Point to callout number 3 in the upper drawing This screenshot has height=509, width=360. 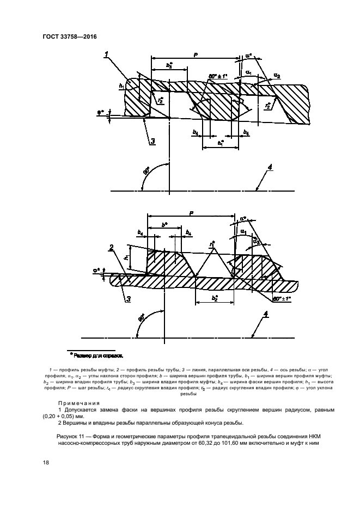click(x=153, y=141)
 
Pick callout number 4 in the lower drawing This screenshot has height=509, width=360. click(x=266, y=314)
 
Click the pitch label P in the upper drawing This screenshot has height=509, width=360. click(x=194, y=54)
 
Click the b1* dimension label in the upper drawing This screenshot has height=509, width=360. click(x=221, y=143)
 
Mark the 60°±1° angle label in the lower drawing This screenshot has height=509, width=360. click(x=282, y=299)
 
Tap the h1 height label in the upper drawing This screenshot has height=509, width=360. click(x=121, y=85)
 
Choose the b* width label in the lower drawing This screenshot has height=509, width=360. click(x=164, y=224)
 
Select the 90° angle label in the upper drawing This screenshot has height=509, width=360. click(x=147, y=173)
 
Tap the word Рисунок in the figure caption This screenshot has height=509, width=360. click(x=69, y=436)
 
